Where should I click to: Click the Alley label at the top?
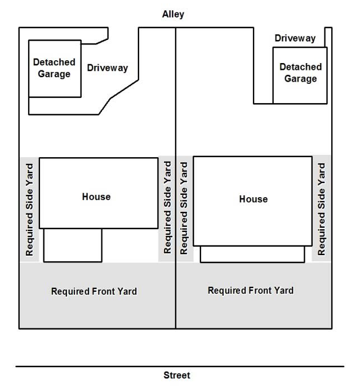pyautogui.click(x=173, y=14)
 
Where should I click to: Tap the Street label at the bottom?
pyautogui.click(x=177, y=375)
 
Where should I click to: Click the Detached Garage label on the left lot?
pyautogui.click(x=54, y=68)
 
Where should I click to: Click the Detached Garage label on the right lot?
pyautogui.click(x=301, y=73)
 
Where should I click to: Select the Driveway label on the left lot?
pyautogui.click(x=108, y=68)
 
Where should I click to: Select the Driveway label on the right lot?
pyautogui.click(x=295, y=38)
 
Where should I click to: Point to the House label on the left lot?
pyautogui.click(x=96, y=197)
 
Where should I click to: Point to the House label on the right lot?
pyautogui.click(x=254, y=199)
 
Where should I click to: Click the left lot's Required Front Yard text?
pyautogui.click(x=94, y=292)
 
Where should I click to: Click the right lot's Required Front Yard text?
pyautogui.click(x=251, y=291)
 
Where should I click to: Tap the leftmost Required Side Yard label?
pyautogui.click(x=29, y=210)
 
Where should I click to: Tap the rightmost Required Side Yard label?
pyautogui.click(x=321, y=209)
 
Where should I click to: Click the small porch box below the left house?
pyautogui.click(x=73, y=245)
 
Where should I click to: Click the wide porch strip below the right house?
pyautogui.click(x=252, y=254)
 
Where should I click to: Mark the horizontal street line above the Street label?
pyautogui.click(x=180, y=367)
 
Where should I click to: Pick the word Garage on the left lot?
pyautogui.click(x=54, y=74)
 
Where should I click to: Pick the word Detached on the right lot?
pyautogui.click(x=301, y=67)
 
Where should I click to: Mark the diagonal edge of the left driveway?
pyautogui.click(x=125, y=89)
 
